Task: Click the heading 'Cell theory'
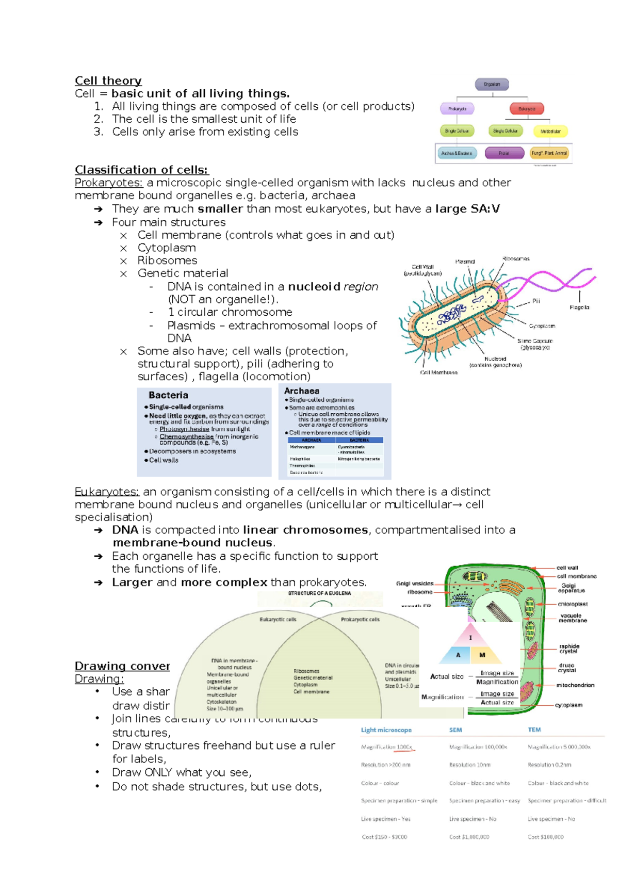[x=108, y=81]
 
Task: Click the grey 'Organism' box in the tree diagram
[x=492, y=84]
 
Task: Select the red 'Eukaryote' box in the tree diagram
[x=527, y=109]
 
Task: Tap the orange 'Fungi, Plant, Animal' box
[x=549, y=153]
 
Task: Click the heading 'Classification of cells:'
[x=141, y=170]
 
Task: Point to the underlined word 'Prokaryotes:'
[x=108, y=183]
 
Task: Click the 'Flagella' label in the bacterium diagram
[x=579, y=307]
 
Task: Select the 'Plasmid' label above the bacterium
[x=465, y=262]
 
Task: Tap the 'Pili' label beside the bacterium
[x=536, y=301]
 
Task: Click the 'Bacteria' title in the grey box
[x=168, y=395]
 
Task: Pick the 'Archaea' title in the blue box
[x=302, y=391]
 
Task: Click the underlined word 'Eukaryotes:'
[x=107, y=492]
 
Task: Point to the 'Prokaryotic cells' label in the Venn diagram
[x=360, y=619]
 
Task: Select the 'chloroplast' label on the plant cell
[x=573, y=604]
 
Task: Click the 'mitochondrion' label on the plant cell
[x=575, y=685]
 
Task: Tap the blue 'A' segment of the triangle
[x=458, y=655]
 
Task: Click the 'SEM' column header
[x=455, y=730]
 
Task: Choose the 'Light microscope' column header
[x=386, y=730]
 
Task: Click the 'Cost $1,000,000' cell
[x=469, y=837]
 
